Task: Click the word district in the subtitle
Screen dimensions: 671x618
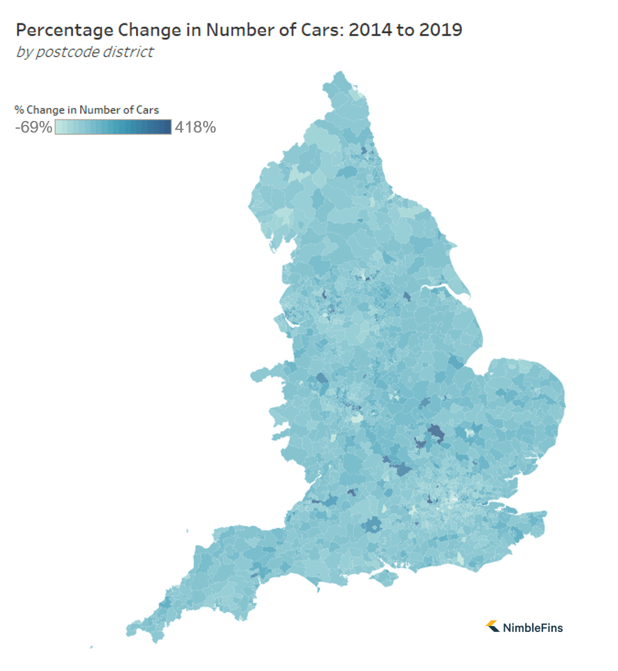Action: (129, 51)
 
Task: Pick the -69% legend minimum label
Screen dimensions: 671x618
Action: (33, 127)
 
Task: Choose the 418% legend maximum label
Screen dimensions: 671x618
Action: (195, 127)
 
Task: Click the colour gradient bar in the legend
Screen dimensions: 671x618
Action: (113, 127)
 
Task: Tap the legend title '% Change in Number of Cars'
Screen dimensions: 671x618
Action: (87, 110)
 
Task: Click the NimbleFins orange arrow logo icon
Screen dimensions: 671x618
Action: (492, 626)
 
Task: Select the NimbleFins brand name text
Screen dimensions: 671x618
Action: (533, 627)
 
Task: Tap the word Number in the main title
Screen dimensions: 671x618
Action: (212, 30)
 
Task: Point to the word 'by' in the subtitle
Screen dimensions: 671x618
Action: (23, 51)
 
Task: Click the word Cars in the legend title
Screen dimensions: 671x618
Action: (148, 110)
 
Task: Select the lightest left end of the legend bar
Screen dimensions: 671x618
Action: (59, 127)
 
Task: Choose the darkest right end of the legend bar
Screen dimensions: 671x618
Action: (168, 127)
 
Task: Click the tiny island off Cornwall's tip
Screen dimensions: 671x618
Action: (91, 647)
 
